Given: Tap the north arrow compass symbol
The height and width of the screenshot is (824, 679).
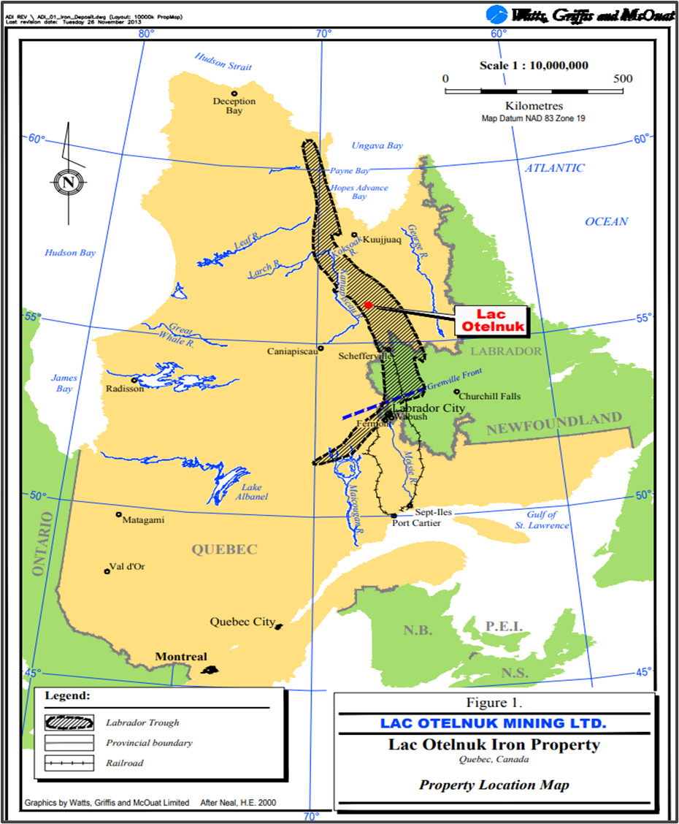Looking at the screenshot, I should (x=67, y=181).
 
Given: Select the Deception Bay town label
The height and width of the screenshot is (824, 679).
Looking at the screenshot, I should (x=234, y=106).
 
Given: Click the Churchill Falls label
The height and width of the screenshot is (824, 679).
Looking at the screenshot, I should (x=490, y=396).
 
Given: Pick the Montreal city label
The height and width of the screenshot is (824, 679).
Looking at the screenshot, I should (x=181, y=657).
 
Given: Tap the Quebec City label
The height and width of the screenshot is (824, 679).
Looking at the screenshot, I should (x=242, y=622).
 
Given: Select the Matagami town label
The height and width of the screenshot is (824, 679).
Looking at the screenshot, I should (x=144, y=519).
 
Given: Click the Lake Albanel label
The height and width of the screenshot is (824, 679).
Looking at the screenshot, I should (x=251, y=492).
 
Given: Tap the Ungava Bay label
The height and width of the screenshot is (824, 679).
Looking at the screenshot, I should (x=377, y=145).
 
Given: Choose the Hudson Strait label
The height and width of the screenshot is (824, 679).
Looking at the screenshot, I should (x=223, y=61).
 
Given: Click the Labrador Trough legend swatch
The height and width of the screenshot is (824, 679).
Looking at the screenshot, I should (x=69, y=722).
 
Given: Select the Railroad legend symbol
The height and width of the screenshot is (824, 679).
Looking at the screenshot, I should (x=69, y=763).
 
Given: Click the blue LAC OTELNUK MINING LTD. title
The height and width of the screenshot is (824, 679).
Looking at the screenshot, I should (x=493, y=723).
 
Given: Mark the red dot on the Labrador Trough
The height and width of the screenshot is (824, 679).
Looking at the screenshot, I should (x=368, y=305).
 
